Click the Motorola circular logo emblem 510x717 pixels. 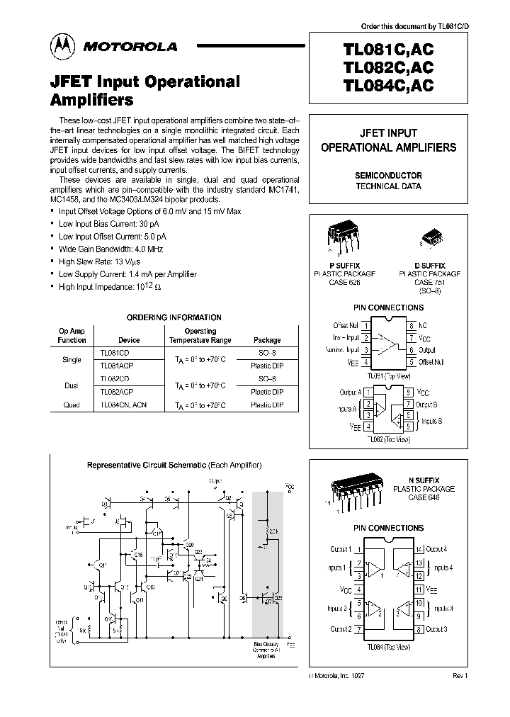pos(62,46)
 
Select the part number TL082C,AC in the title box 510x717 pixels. pos(388,68)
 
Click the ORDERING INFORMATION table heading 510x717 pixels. pos(174,317)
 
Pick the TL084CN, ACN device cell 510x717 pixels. pos(124,405)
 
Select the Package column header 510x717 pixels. pos(267,340)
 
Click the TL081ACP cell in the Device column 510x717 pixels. pos(116,366)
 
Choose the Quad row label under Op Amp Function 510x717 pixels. pos(72,405)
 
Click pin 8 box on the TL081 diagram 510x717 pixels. pos(411,325)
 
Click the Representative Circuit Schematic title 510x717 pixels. pos(174,465)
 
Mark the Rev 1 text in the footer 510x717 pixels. pos(460,677)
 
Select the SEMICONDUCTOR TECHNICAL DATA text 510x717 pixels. pos(388,181)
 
